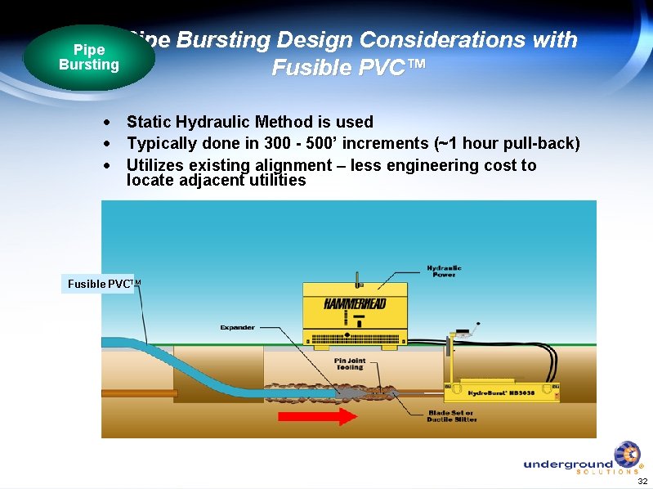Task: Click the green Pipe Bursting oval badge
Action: [88, 57]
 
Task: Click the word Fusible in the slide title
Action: [306, 68]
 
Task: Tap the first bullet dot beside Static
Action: [107, 123]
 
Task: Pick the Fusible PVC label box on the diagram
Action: [98, 284]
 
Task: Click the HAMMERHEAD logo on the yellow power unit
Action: [356, 303]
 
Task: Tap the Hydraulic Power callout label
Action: [444, 271]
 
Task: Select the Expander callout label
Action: [237, 327]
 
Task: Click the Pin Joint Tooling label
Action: [349, 364]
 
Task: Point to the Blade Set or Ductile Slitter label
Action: [449, 416]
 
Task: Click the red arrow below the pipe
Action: [317, 416]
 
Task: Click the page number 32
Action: [642, 481]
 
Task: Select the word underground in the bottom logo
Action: [567, 464]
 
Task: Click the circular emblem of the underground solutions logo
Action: [628, 454]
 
